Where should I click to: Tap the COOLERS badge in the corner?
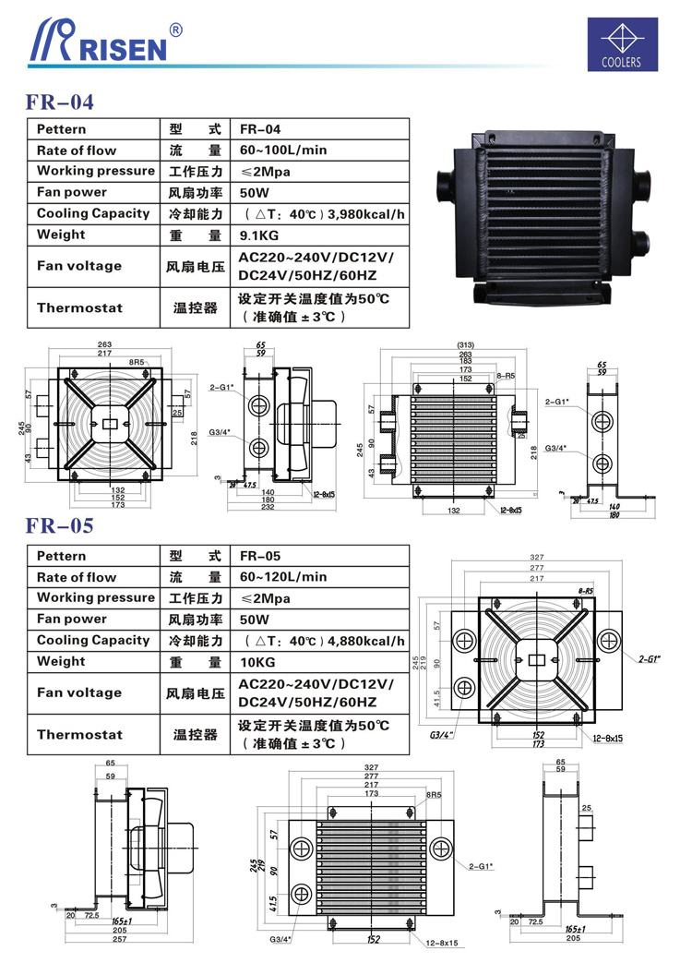click(626, 44)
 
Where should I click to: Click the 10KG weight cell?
click(257, 661)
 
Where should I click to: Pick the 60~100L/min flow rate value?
click(283, 150)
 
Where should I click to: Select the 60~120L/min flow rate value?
click(283, 577)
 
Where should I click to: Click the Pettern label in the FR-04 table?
click(62, 129)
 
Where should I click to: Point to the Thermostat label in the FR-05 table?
click(79, 735)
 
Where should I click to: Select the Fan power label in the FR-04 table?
click(72, 192)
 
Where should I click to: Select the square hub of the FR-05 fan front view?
click(537, 658)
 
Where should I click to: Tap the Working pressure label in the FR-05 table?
click(96, 597)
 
